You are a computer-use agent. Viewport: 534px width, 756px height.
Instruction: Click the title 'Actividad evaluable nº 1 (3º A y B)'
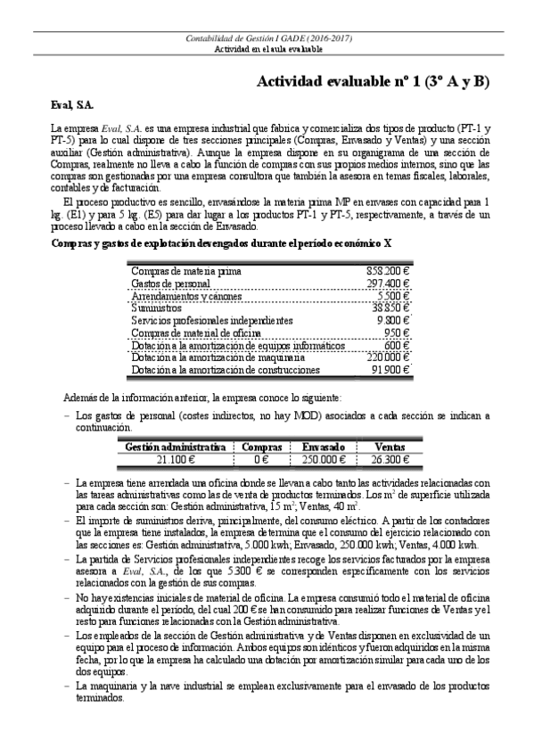(x=373, y=82)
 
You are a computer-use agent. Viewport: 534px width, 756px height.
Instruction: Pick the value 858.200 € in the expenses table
(x=388, y=270)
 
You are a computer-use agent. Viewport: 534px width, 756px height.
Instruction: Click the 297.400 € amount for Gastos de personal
(x=388, y=283)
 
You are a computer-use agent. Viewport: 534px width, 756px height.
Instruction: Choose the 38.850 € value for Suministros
(x=390, y=308)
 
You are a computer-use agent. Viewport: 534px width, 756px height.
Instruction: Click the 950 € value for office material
(x=397, y=333)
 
